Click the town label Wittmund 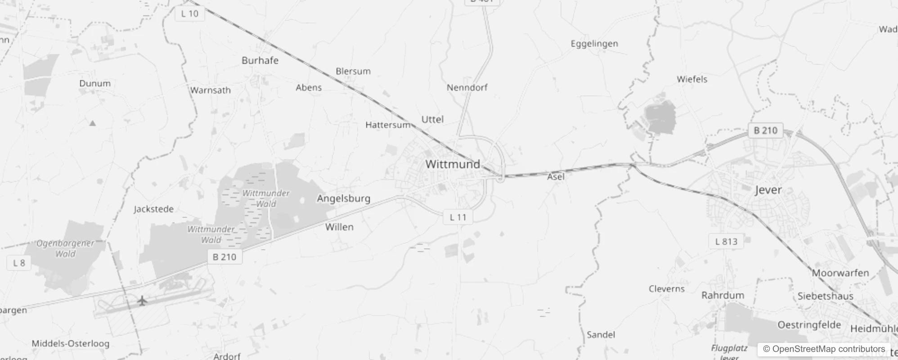pyautogui.click(x=453, y=164)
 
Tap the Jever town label pyautogui.click(x=768, y=190)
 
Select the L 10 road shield pyautogui.click(x=189, y=14)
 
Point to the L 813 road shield pyautogui.click(x=726, y=242)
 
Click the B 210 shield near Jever pyautogui.click(x=765, y=130)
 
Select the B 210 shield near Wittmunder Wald pyautogui.click(x=224, y=257)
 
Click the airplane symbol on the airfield pyautogui.click(x=142, y=301)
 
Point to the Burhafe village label pyautogui.click(x=260, y=61)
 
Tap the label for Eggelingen pyautogui.click(x=594, y=44)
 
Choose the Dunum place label pyautogui.click(x=94, y=84)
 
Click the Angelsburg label pyautogui.click(x=343, y=198)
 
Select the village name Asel pyautogui.click(x=556, y=177)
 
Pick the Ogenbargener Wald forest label pyautogui.click(x=65, y=248)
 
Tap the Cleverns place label pyautogui.click(x=666, y=289)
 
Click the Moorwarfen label pyautogui.click(x=840, y=273)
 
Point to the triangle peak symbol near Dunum pyautogui.click(x=92, y=123)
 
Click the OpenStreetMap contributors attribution pyautogui.click(x=824, y=349)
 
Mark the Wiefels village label pyautogui.click(x=692, y=80)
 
